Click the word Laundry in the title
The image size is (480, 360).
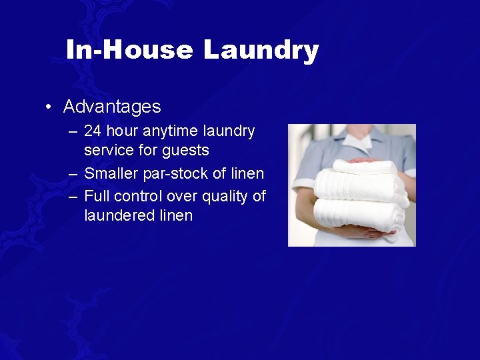[261, 51]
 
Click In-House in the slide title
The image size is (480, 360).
[129, 51]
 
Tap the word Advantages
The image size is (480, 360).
[112, 107]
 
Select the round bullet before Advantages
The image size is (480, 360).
[49, 107]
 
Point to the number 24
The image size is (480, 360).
[93, 131]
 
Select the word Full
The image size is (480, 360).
[97, 196]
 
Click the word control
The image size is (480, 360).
[139, 196]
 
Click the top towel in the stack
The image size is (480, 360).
[363, 167]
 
